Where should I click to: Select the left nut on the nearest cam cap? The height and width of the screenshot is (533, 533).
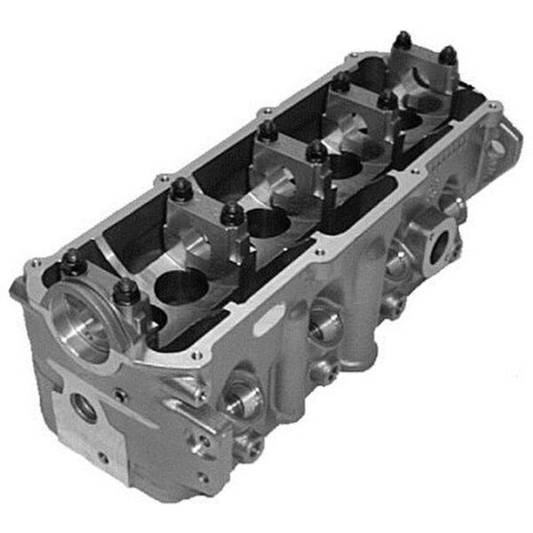coord(71,260)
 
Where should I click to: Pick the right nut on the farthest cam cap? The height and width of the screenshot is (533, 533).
coord(449,55)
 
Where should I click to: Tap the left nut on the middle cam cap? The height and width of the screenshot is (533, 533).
coord(266,131)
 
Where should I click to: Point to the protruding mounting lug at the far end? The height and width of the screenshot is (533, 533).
coord(508,138)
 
